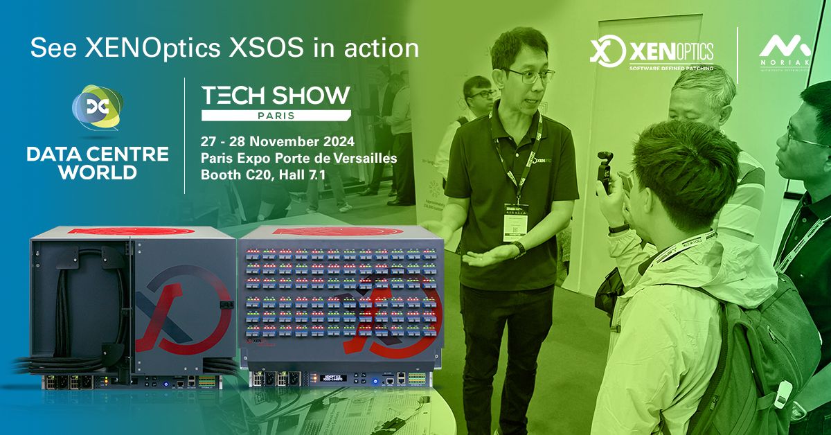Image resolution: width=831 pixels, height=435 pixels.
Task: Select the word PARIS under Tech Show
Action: point(276,115)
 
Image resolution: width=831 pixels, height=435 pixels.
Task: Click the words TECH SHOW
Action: point(275,96)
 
